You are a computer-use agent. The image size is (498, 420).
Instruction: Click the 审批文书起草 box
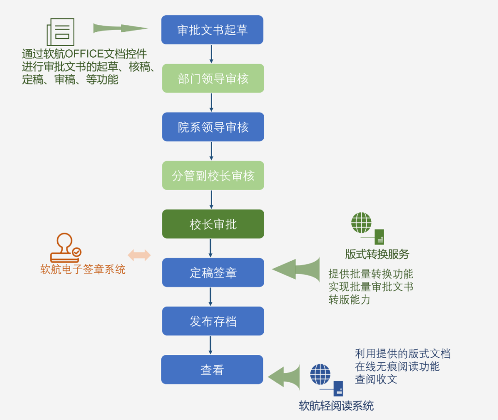coord(212,30)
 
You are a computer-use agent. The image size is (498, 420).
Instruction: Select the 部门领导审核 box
coord(213,78)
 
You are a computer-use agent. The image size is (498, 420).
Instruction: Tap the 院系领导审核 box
coord(213,127)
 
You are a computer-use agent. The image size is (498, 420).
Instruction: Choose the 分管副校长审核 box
coord(213,175)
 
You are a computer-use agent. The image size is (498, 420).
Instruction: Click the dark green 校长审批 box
coord(213,224)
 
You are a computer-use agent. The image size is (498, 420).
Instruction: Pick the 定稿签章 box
coord(213,273)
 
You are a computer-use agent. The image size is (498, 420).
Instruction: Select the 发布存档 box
coord(213,321)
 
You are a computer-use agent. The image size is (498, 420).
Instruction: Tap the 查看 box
coord(212,370)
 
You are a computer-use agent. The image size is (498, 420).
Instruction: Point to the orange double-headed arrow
coord(139,255)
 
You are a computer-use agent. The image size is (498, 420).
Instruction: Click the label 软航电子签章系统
coord(83,270)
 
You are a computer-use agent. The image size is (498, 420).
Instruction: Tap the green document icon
coord(60,31)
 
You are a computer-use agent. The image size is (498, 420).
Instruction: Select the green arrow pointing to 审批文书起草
coord(120,29)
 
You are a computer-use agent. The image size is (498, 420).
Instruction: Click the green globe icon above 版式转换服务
coord(362,223)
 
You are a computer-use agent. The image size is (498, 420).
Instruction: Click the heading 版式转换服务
coord(377,254)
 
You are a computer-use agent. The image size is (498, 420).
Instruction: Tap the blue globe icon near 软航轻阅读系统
coord(320,374)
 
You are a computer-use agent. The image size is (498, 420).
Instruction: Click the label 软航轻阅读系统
coord(336,406)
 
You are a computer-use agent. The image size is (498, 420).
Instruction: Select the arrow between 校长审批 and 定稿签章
coord(211,248)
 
